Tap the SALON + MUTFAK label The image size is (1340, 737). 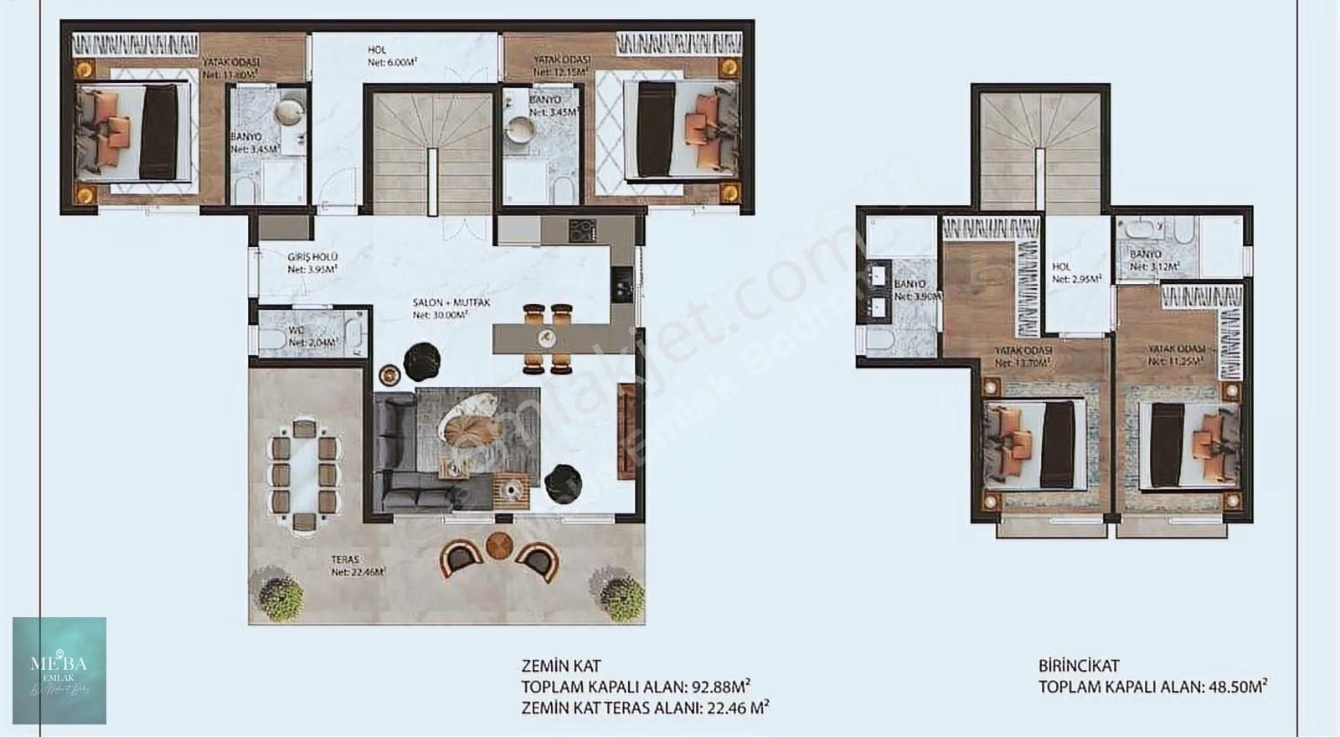coord(439,308)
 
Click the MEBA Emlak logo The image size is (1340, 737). coord(59,670)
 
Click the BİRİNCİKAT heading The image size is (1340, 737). coord(1080,667)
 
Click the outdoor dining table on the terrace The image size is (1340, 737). coord(306,474)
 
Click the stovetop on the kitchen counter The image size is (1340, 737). coord(580,229)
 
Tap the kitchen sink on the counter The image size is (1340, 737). coord(624,282)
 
